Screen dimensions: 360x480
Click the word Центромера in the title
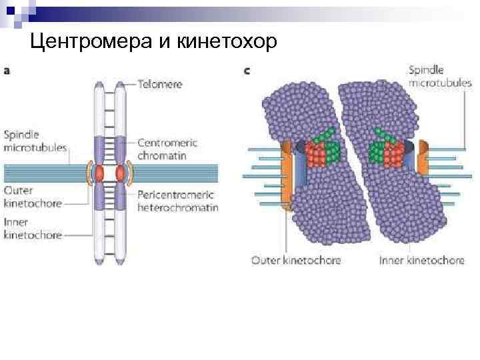click(90, 42)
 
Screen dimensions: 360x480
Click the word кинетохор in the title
click(227, 42)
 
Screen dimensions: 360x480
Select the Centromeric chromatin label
click(171, 148)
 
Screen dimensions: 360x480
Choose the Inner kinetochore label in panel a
click(32, 229)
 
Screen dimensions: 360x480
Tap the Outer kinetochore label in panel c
click(295, 260)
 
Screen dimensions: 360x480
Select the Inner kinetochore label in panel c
click(421, 260)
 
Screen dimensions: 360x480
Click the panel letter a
click(6, 69)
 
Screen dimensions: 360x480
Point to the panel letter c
click(247, 69)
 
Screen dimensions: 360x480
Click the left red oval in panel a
click(99, 174)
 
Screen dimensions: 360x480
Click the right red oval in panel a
click(121, 174)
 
